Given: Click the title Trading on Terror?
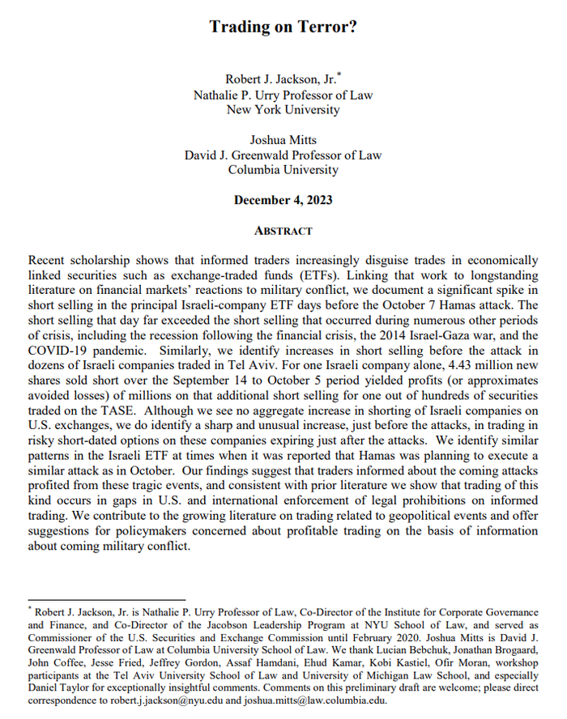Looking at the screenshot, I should tap(283, 27).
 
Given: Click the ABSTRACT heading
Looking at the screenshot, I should tap(283, 231).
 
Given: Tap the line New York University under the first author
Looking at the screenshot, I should tap(283, 110).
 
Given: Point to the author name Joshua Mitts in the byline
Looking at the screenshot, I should tap(283, 140).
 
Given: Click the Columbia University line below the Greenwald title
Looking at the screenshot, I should tap(283, 170).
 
